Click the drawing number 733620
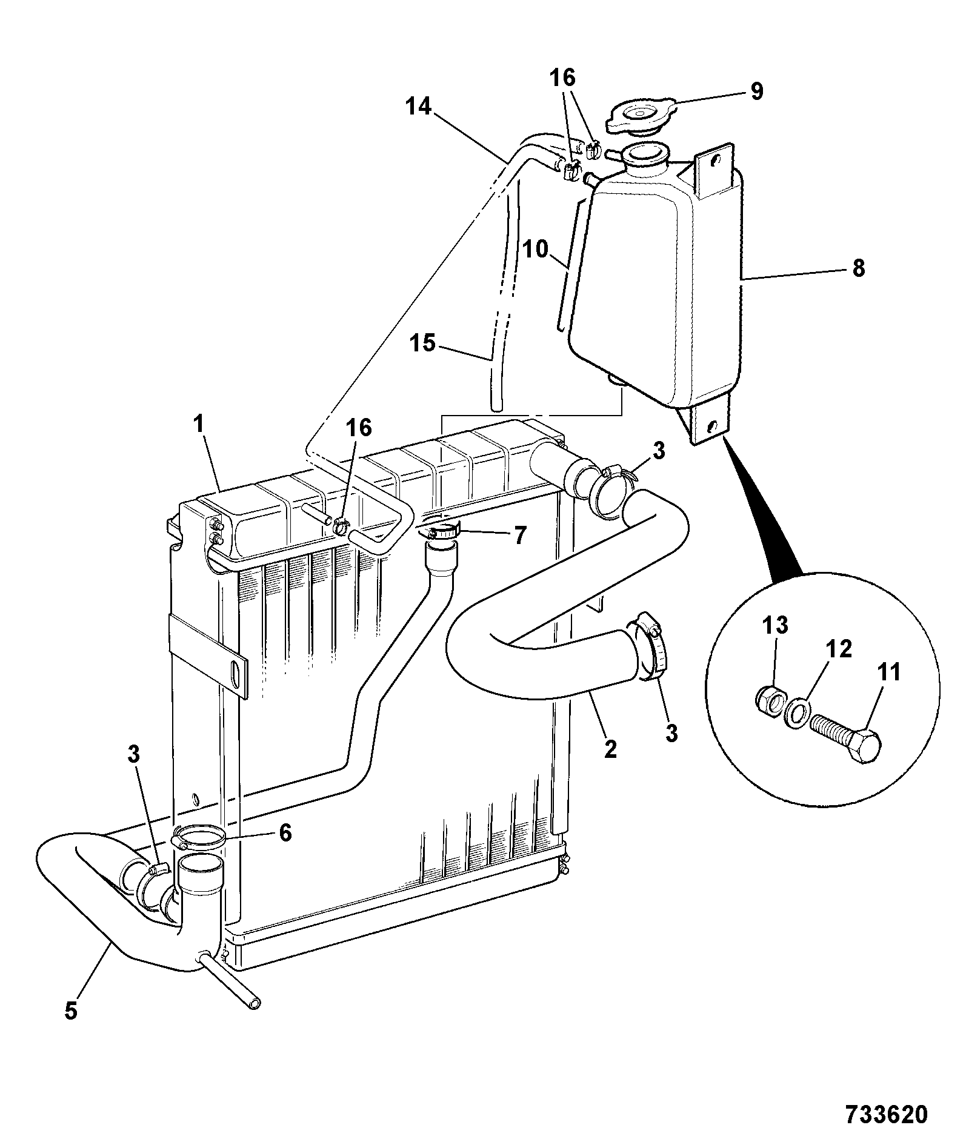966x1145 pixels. point(885,1113)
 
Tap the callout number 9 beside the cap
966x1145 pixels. point(756,91)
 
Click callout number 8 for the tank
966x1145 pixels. point(858,268)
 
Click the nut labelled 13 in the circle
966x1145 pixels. point(770,702)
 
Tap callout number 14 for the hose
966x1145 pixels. point(418,107)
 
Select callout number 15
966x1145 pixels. point(422,343)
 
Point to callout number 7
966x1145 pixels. point(520,534)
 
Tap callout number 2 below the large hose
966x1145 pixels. point(610,749)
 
